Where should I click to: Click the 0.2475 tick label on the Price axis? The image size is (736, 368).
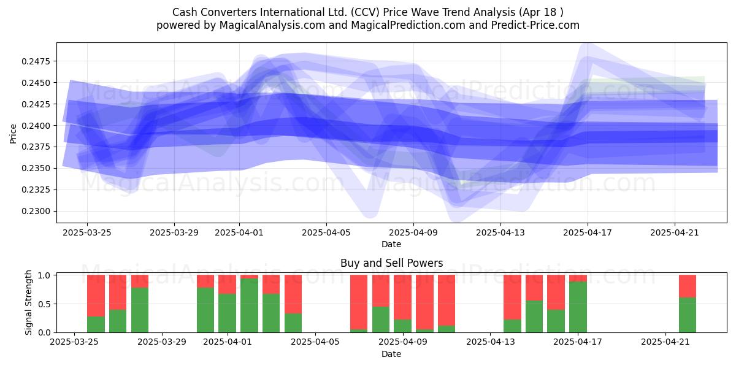[36, 61]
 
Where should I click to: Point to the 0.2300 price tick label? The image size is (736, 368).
[36, 211]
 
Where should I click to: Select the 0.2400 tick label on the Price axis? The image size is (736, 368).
[36, 126]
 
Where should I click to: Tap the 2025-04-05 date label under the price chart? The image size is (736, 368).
[326, 232]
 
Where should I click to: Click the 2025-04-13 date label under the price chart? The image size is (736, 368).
[500, 232]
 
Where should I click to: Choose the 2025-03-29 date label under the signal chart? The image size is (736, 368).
[162, 342]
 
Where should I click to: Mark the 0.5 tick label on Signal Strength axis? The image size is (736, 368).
[44, 304]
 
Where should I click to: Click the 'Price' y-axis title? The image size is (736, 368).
[13, 134]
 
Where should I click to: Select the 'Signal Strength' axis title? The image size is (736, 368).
[29, 302]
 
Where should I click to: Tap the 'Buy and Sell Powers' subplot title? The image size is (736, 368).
[392, 263]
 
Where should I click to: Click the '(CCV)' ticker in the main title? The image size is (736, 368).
[365, 12]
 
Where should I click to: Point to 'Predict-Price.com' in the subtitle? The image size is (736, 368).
[535, 25]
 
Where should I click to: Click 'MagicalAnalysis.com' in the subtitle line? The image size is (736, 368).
[272, 25]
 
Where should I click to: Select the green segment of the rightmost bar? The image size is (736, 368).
[688, 315]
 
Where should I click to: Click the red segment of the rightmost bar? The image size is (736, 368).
[688, 286]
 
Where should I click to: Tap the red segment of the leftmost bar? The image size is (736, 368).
[96, 296]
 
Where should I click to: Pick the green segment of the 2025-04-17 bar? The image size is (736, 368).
[578, 307]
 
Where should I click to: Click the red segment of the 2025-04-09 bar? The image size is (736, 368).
[402, 297]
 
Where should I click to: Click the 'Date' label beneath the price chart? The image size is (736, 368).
[391, 245]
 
